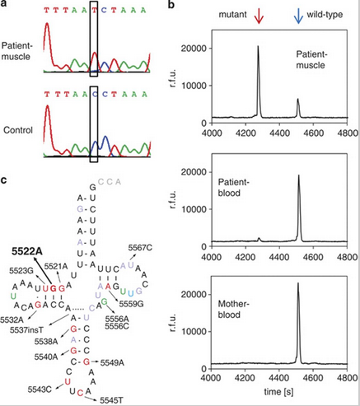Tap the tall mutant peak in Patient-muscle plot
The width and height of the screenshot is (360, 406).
point(258,49)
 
